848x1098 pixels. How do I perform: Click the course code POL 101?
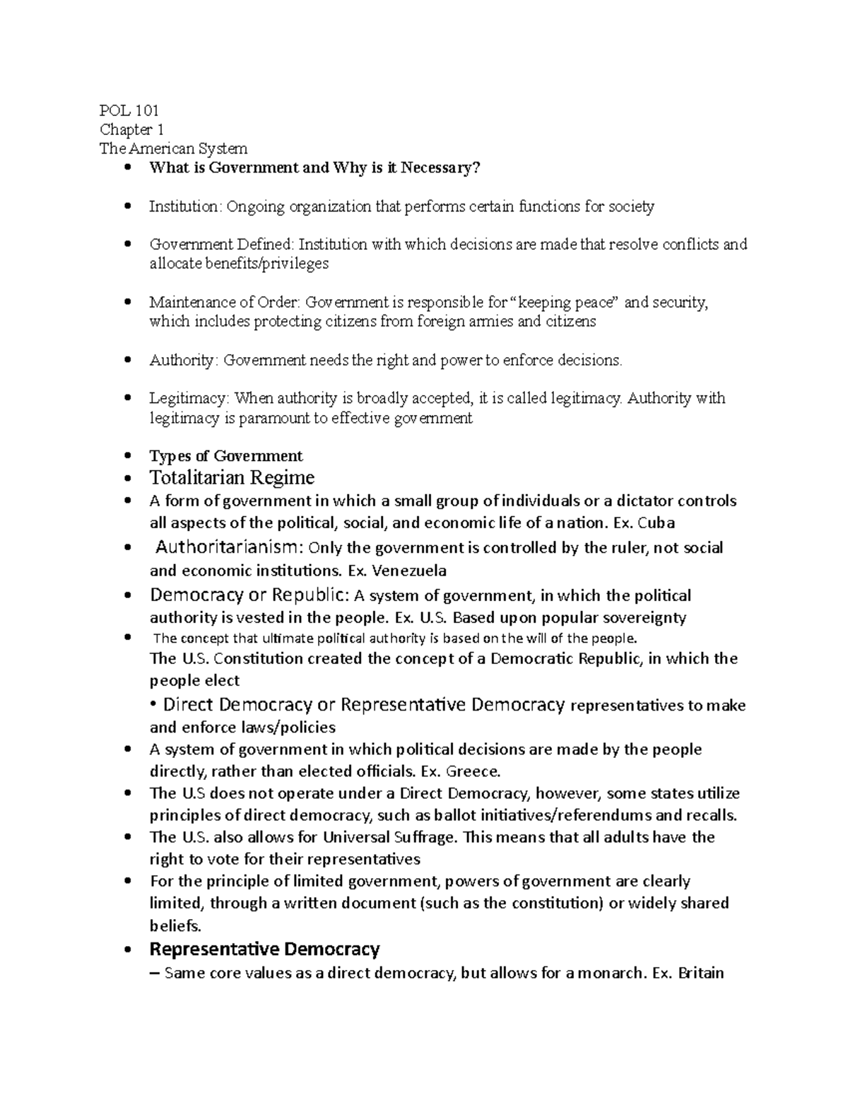129,110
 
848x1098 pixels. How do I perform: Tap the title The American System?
173,148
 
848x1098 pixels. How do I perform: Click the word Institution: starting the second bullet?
185,206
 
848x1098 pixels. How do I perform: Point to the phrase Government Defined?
221,245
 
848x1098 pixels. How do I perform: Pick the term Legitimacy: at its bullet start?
189,399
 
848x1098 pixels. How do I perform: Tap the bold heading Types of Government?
226,456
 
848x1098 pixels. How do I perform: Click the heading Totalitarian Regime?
232,478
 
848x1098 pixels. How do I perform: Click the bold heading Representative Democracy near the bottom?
265,948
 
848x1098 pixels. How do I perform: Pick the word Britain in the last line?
700,973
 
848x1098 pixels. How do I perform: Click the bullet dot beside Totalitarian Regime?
127,479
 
